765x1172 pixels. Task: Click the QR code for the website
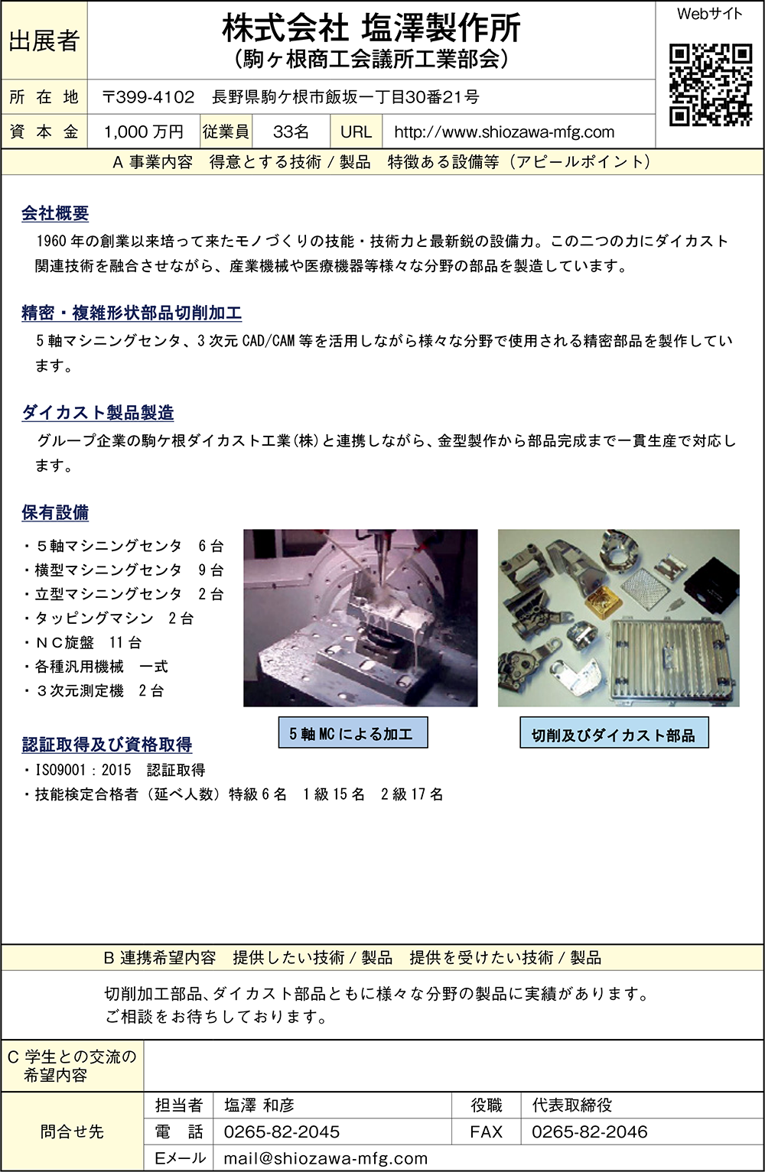[710, 85]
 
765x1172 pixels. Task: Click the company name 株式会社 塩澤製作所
[371, 29]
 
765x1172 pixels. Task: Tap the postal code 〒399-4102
[148, 97]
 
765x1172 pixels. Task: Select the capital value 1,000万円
[144, 131]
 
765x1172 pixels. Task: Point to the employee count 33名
[291, 131]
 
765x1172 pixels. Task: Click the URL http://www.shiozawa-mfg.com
[503, 131]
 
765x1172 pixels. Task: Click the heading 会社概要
[55, 213]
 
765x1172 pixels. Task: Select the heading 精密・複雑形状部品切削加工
[132, 313]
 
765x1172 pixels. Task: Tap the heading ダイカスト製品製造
[98, 413]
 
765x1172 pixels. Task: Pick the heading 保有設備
[55, 512]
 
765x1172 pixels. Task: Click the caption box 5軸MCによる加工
[353, 732]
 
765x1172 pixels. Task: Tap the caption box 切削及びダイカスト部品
[614, 732]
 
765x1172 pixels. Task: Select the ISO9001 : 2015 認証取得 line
[115, 770]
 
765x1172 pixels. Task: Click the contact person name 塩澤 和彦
[259, 1105]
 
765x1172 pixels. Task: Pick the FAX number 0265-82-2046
[590, 1131]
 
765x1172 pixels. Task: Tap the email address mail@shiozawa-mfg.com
[326, 1158]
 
